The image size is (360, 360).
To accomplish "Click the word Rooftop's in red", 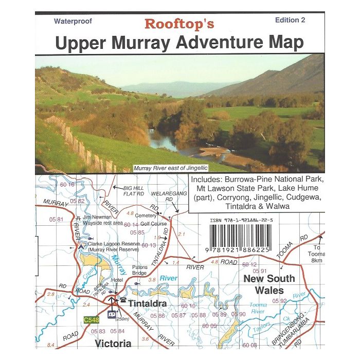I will pos(179,24).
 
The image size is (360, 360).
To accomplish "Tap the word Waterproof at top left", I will pos(71,21).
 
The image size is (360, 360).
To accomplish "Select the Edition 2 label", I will pos(290,20).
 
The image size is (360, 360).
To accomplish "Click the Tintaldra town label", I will pos(147,303).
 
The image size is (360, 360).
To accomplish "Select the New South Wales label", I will pos(269,284).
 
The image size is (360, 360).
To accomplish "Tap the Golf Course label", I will pos(154,224).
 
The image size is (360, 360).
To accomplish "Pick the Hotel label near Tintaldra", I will pos(118,280).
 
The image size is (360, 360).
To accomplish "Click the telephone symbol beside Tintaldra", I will pos(123,299).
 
